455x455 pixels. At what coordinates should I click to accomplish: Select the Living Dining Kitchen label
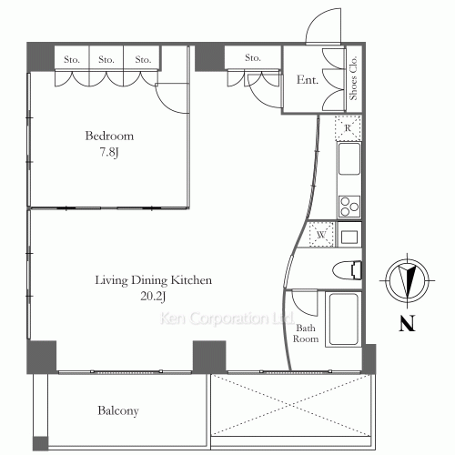(154, 280)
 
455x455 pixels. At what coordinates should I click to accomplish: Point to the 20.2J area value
(154, 296)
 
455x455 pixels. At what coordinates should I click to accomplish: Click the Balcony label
(117, 411)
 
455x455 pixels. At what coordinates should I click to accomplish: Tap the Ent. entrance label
(308, 80)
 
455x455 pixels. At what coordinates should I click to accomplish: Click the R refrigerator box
(348, 128)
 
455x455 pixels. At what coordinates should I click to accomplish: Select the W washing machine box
(320, 235)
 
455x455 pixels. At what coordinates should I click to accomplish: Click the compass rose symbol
(406, 278)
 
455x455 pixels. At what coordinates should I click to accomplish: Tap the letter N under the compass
(406, 324)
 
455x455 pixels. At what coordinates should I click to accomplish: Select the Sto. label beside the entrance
(252, 59)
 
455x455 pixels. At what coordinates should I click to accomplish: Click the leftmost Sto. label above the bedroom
(71, 59)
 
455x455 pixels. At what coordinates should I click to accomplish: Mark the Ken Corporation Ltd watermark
(225, 320)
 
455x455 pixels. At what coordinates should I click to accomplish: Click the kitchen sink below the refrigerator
(349, 162)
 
